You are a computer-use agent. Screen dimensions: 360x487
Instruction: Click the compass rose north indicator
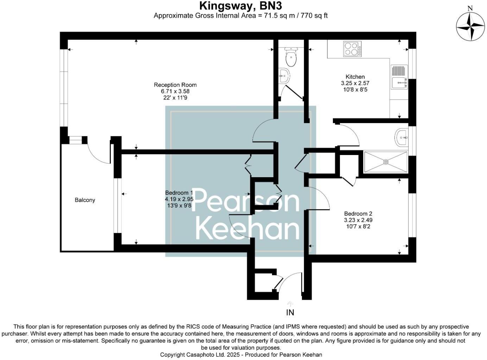[x=470, y=26]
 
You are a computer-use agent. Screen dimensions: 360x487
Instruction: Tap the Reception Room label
[x=175, y=85]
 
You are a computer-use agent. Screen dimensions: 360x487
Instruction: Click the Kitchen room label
[x=355, y=77]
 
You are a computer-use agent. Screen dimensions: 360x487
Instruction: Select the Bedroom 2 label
[x=358, y=214]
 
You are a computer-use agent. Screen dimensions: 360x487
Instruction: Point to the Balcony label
[x=85, y=200]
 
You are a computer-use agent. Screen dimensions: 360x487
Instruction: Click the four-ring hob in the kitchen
[x=352, y=49]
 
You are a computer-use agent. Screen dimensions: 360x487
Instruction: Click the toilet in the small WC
[x=291, y=58]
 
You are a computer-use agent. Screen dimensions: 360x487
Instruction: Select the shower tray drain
[x=386, y=162]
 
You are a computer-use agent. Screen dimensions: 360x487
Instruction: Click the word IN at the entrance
[x=290, y=312]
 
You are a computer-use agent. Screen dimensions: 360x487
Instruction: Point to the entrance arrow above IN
[x=290, y=303]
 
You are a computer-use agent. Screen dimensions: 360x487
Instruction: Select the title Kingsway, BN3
[x=241, y=6]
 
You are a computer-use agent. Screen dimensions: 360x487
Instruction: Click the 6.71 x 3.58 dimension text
[x=175, y=91]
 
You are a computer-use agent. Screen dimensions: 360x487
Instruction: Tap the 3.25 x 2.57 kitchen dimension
[x=355, y=83]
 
